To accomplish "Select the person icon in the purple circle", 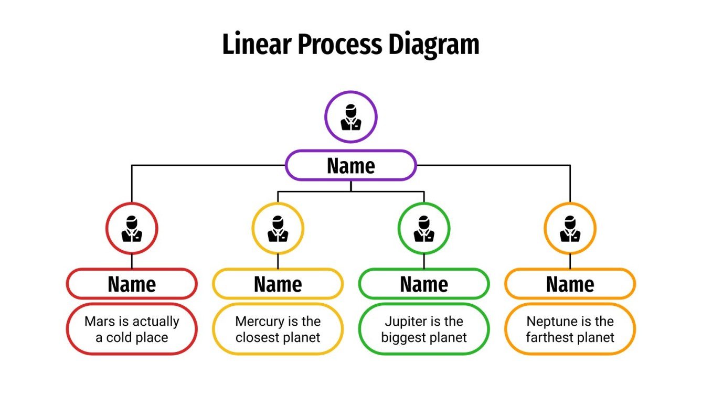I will coord(350,117).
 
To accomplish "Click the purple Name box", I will coord(350,166).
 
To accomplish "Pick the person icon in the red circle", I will coord(132,229).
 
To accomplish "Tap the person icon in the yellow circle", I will coord(278,229).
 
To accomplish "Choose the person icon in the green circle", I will coord(424,229).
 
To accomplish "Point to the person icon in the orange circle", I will coord(570,229).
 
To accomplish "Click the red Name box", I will coord(132,284).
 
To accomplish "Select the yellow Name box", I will coord(278,284).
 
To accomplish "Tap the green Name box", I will coord(424,284).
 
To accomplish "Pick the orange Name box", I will coord(570,284).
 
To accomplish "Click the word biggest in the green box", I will coord(402,337).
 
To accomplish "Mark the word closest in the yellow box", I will coord(256,337).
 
